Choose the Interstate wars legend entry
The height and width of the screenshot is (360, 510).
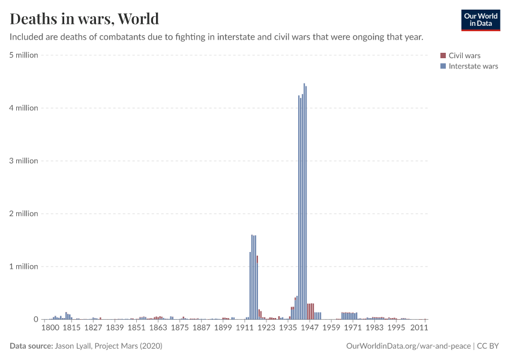473,66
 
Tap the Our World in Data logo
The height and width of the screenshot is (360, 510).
480,20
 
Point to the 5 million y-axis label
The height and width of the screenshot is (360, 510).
23,55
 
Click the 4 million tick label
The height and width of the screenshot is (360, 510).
23,108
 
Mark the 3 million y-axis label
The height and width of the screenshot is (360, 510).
23,161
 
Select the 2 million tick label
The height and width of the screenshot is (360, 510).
23,214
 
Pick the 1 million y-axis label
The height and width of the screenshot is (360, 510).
23,266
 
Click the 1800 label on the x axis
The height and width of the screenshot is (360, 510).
50,328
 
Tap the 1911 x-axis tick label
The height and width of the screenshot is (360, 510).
244,328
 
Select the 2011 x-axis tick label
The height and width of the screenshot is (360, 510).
418,328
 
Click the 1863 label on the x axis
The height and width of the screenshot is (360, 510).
158,328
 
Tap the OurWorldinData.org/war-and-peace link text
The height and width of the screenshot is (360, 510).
408,346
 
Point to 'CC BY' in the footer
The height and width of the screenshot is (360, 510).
488,346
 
